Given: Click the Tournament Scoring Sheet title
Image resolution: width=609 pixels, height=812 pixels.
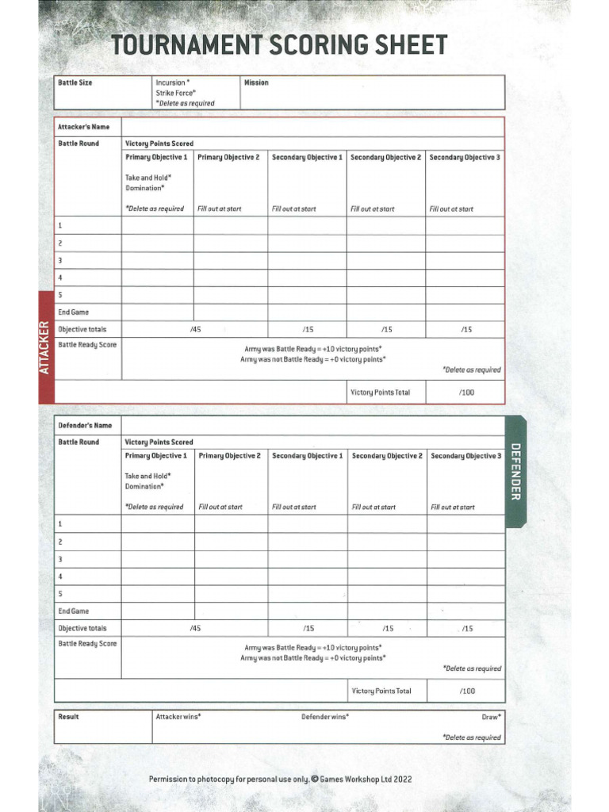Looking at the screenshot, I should pyautogui.click(x=279, y=45).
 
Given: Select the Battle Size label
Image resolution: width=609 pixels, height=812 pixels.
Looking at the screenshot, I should pyautogui.click(x=75, y=82).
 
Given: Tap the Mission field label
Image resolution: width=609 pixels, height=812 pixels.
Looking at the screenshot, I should pyautogui.click(x=256, y=82).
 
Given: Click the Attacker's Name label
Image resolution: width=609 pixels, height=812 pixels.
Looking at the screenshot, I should pyautogui.click(x=83, y=127).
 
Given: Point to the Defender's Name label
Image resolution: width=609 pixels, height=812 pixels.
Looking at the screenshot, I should pyautogui.click(x=85, y=426).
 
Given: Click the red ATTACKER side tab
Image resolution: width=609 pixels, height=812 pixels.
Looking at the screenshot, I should pyautogui.click(x=45, y=347).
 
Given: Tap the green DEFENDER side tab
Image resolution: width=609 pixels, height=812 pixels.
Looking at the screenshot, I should pyautogui.click(x=515, y=471).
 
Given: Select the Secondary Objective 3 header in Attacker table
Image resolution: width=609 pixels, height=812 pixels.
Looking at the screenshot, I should pyautogui.click(x=465, y=157).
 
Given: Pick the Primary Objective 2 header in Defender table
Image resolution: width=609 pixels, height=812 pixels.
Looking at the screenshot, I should pyautogui.click(x=229, y=456).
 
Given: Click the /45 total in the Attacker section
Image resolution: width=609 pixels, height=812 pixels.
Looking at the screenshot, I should pyautogui.click(x=195, y=329).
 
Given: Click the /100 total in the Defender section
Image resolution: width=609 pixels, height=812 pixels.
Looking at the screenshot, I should pyautogui.click(x=467, y=691).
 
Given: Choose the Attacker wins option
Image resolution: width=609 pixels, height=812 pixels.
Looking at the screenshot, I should pyautogui.click(x=178, y=717).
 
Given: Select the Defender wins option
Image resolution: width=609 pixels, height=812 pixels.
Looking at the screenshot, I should pyautogui.click(x=325, y=717).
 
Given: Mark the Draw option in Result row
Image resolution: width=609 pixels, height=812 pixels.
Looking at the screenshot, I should pyautogui.click(x=491, y=717).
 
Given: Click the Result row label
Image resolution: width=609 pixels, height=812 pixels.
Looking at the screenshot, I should pyautogui.click(x=69, y=717).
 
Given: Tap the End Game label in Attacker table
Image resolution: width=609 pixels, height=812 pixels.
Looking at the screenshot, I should pyautogui.click(x=73, y=312).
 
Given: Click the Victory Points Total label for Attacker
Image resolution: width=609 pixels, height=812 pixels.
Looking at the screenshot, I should pyautogui.click(x=381, y=393).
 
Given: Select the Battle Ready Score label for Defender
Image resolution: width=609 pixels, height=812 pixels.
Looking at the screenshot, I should pyautogui.click(x=87, y=644).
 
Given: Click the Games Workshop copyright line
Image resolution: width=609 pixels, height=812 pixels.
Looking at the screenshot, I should pyautogui.click(x=280, y=779).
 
